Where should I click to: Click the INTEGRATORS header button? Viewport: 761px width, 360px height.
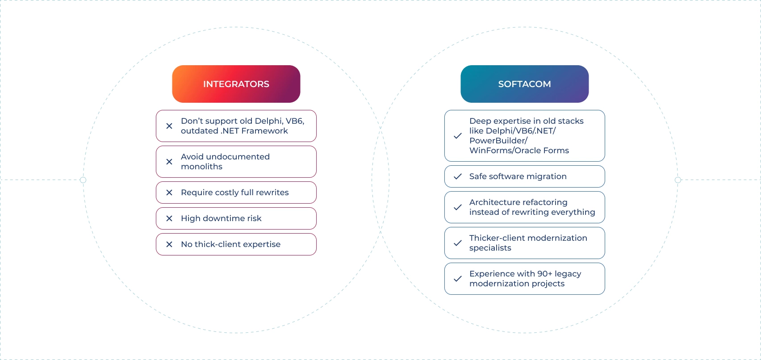[x=236, y=84]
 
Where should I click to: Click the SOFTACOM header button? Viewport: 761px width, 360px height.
[x=524, y=84]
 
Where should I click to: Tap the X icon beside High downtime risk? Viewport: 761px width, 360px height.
[x=169, y=218]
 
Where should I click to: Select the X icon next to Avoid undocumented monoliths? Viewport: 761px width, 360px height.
[x=169, y=162]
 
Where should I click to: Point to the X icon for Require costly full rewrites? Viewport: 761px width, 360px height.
[x=169, y=193]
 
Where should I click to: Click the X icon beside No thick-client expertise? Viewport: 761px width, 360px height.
[x=169, y=244]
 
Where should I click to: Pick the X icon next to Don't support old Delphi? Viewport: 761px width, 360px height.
[x=169, y=126]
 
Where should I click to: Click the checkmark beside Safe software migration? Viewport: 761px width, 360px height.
[x=458, y=176]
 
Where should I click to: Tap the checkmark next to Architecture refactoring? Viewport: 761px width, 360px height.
[x=458, y=207]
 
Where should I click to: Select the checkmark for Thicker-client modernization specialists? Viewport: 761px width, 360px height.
[x=458, y=243]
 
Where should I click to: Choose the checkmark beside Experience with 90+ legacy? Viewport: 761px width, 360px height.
[x=458, y=279]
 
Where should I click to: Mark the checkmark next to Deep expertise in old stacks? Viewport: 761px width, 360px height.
[x=458, y=136]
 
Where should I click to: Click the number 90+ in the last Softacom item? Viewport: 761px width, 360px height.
[x=544, y=274]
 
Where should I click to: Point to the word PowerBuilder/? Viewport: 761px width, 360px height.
[x=498, y=141]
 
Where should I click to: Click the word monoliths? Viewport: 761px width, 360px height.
[x=201, y=167]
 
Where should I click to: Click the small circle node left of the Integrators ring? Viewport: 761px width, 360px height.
[x=83, y=180]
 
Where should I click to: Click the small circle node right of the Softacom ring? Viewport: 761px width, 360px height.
[x=678, y=180]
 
